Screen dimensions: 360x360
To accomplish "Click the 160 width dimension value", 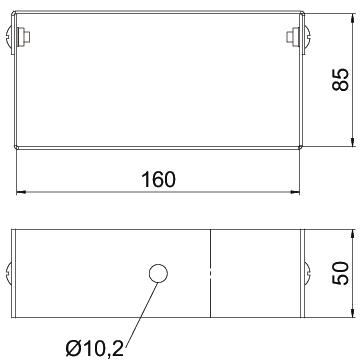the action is [158, 180].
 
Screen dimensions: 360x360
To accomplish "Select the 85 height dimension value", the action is [340, 80].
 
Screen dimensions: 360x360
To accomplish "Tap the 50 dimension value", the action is [340, 273].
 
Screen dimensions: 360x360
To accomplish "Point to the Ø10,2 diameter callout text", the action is [95, 349].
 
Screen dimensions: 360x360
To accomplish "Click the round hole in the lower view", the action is [158, 274].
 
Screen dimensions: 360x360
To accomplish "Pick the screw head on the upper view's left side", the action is [9, 36].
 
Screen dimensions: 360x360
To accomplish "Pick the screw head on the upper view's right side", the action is [307, 36].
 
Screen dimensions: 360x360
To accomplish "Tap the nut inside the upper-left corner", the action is [24, 36].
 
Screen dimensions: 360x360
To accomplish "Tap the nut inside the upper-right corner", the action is [292, 36].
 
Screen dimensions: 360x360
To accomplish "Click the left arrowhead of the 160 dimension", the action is [21, 192].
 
